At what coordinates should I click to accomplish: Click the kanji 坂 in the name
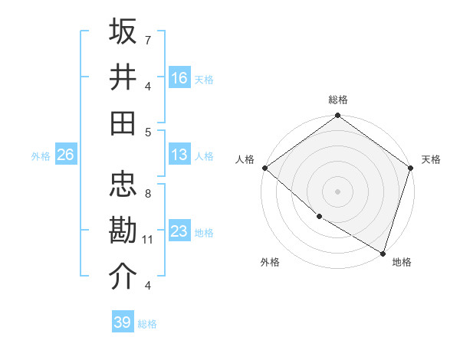tap(123, 31)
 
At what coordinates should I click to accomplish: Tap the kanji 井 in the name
tap(123, 77)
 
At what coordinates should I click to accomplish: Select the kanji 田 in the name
tap(123, 122)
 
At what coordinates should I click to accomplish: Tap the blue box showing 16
tap(179, 77)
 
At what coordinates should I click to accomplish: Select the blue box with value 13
tap(179, 155)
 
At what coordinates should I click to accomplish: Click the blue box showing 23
tap(179, 231)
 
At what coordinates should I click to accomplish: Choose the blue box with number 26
tap(65, 155)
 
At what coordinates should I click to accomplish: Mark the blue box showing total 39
tap(123, 322)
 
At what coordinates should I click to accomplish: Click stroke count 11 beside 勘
tap(148, 240)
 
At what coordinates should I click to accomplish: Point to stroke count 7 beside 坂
tap(148, 39)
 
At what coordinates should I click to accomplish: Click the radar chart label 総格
tap(338, 100)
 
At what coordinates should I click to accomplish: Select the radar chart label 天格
tap(431, 159)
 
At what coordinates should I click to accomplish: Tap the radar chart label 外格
tap(270, 262)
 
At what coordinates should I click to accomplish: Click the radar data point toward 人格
tap(264, 168)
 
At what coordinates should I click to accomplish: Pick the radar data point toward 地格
tap(383, 253)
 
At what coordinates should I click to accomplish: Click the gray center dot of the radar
tap(338, 191)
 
